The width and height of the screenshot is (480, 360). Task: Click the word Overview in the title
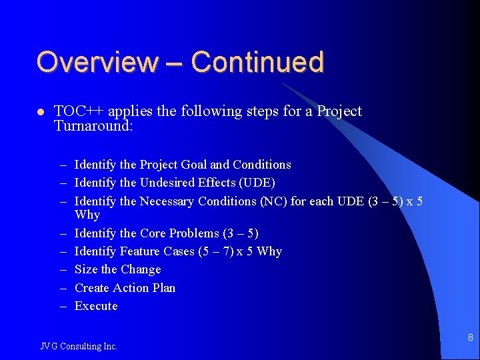coord(97,62)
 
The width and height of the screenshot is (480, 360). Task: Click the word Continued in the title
coord(257,62)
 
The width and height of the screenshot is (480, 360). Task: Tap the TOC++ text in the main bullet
coord(80,111)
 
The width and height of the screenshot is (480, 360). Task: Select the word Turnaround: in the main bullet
coord(94,125)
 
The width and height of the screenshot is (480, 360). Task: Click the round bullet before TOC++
coord(40,112)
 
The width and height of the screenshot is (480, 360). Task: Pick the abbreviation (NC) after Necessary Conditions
coord(271,201)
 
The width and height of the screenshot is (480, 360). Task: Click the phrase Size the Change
coord(118,269)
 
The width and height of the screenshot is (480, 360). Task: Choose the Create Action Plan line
coord(125,288)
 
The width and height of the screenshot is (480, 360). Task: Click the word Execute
coord(96,306)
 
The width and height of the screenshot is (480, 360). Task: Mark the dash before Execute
coord(63,307)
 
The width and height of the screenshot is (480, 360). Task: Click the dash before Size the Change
coord(63,270)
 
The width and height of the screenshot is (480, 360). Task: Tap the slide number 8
coord(470,338)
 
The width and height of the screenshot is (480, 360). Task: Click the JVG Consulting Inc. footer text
coord(79,346)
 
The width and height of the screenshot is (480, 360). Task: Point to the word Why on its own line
coord(87,215)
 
